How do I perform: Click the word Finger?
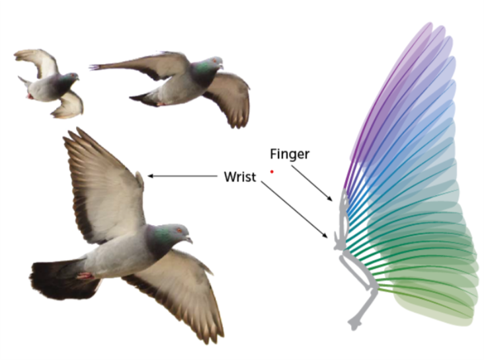[289, 154]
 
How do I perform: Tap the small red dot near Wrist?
[272, 171]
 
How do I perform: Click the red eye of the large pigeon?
[179, 230]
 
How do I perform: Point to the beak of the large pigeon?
[190, 239]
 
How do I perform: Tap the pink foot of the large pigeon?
[84, 275]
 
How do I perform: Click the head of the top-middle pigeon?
[213, 65]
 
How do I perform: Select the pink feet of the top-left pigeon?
[29, 96]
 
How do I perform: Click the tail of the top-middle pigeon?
[102, 67]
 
